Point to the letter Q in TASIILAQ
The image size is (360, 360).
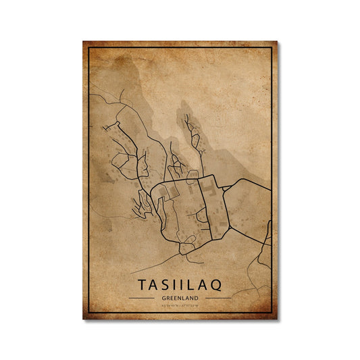[x=224, y=284]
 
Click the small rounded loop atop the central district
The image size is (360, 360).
[x=193, y=174]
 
